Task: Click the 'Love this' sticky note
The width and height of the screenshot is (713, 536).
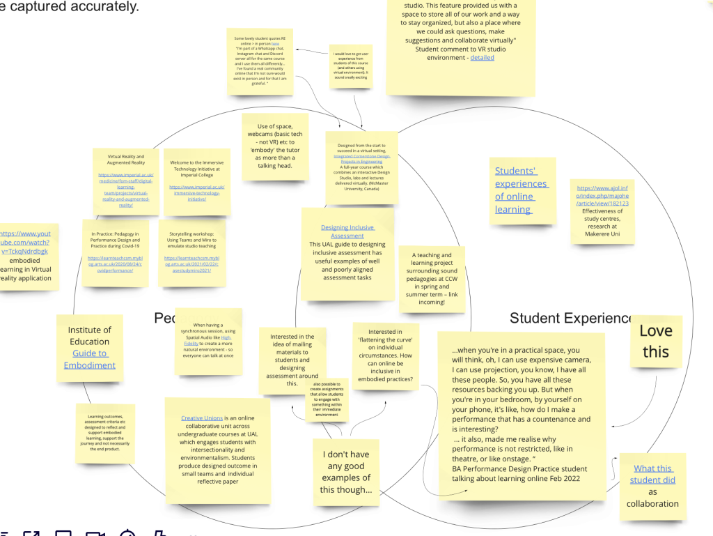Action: [x=656, y=342]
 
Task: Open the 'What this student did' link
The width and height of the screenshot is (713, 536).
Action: [x=652, y=474]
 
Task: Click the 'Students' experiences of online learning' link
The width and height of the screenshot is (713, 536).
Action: [x=522, y=190]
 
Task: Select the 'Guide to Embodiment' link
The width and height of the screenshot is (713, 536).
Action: [x=89, y=359]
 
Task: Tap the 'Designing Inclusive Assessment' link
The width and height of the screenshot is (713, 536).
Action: [x=347, y=231]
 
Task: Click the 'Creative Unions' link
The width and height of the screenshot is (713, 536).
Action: [x=201, y=418]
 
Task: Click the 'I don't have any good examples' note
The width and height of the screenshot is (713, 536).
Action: [x=345, y=472]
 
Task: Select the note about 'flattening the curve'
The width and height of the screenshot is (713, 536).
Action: [x=385, y=355]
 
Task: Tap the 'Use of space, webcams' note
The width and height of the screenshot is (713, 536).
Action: [x=276, y=146]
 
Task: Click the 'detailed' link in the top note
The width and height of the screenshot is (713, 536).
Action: [x=482, y=58]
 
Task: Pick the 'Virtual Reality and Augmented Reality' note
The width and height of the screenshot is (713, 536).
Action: [x=126, y=181]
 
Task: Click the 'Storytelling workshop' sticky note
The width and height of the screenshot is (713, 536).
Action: [x=191, y=252]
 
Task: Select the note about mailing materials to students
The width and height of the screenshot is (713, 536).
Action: [x=292, y=360]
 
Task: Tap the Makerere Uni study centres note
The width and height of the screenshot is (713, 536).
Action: [x=602, y=210]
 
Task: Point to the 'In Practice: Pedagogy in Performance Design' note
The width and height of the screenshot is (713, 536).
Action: [x=115, y=252]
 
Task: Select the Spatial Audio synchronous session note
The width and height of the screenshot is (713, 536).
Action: [x=208, y=340]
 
